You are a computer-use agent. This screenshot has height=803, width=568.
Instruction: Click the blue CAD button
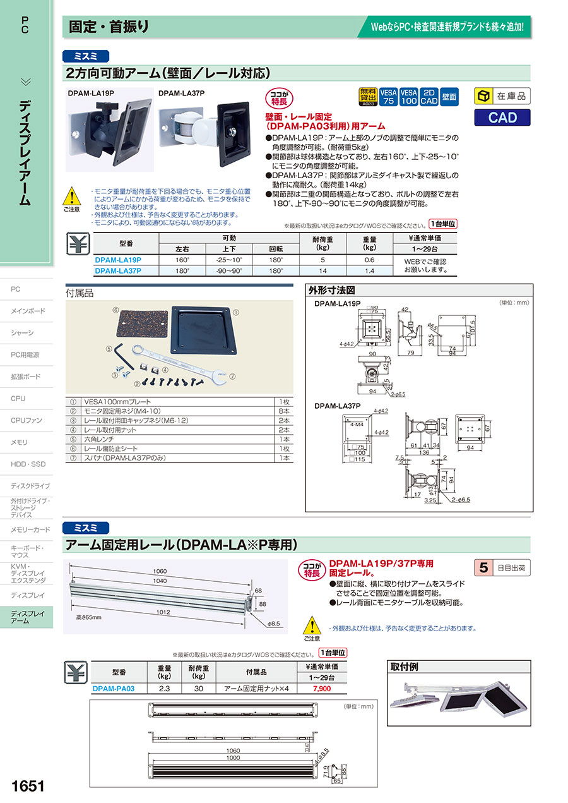tap(502, 118)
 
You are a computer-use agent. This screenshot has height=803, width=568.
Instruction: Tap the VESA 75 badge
tap(388, 96)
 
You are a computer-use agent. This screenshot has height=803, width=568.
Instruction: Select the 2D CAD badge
tap(429, 96)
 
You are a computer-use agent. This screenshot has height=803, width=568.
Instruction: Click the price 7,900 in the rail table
tap(321, 689)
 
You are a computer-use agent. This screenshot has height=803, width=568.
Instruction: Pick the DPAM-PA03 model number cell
tap(114, 689)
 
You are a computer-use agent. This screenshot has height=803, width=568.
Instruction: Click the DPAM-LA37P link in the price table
tap(118, 270)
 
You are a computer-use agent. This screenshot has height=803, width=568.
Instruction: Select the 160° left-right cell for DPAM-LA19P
tap(182, 260)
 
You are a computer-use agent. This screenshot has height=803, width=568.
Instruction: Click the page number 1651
tap(28, 786)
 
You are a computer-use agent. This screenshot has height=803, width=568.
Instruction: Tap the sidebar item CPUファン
tap(27, 420)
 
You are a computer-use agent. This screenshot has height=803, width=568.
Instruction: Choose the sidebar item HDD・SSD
tap(28, 464)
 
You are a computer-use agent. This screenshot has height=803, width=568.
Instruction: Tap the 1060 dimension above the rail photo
tap(159, 571)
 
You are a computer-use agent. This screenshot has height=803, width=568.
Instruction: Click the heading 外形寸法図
tap(332, 291)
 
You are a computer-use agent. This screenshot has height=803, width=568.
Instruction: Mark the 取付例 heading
tap(405, 667)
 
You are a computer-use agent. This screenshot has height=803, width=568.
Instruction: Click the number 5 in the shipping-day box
tap(483, 567)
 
